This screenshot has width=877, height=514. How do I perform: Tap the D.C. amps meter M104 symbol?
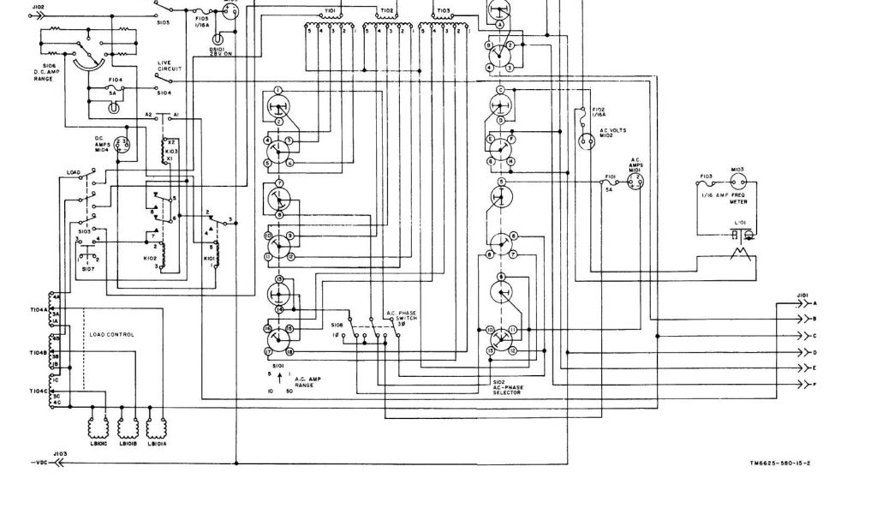pos(122,143)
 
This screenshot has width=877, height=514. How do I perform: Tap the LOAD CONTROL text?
pos(112,334)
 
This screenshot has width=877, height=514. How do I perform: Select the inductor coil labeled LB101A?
pos(157,427)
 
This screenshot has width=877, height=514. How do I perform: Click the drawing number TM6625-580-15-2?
pos(779,463)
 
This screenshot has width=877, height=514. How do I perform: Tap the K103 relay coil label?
pos(170,150)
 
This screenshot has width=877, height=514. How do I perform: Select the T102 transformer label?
pos(387,11)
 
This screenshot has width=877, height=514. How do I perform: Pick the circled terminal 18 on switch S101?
pos(289,351)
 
